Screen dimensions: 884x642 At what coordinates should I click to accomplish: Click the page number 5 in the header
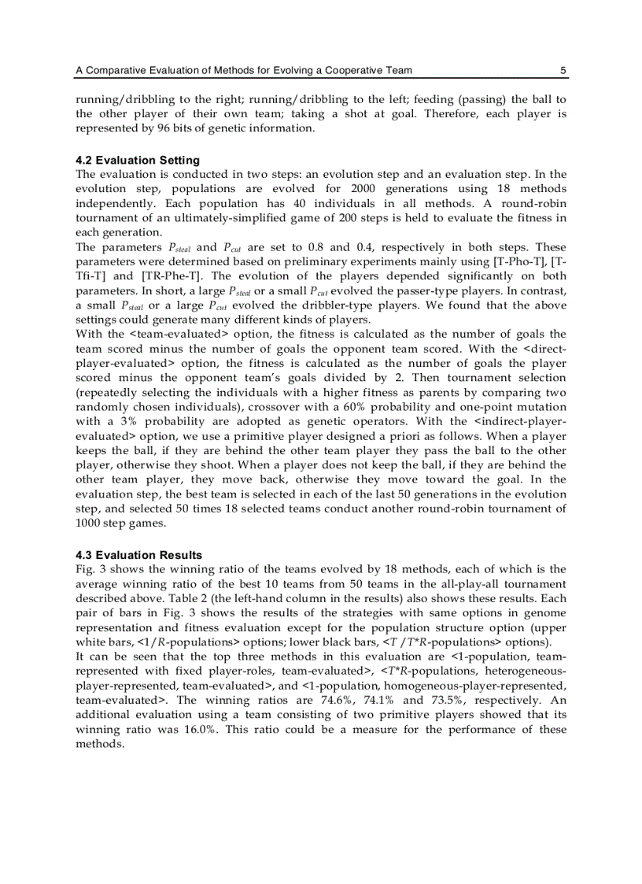pos(563,71)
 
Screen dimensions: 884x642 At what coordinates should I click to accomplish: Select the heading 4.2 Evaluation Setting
pos(138,161)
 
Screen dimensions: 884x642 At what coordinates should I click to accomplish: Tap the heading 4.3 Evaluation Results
pos(138,555)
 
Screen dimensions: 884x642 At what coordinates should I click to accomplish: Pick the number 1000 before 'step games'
pos(88,523)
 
